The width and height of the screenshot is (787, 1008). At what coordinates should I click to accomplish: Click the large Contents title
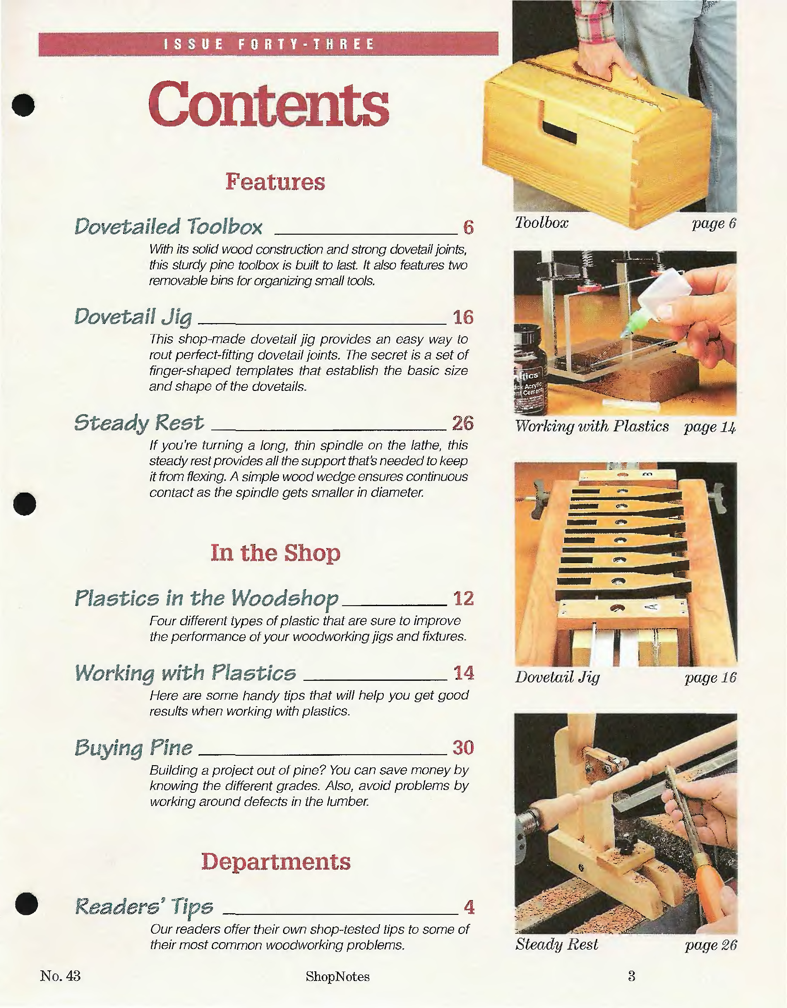click(269, 104)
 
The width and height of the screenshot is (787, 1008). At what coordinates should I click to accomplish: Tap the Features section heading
click(275, 181)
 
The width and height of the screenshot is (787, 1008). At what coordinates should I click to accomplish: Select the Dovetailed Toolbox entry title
click(169, 226)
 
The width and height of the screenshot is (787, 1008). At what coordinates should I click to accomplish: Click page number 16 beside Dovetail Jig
click(463, 317)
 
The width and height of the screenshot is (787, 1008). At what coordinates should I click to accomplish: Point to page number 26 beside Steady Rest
click(463, 423)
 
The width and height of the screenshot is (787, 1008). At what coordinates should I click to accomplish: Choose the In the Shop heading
click(275, 552)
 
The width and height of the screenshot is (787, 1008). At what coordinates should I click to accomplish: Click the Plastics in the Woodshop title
click(207, 599)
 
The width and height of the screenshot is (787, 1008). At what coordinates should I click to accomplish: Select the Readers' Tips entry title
click(144, 906)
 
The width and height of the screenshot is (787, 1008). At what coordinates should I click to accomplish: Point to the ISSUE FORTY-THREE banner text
click(269, 44)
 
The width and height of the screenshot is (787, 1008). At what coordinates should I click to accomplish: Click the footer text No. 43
click(61, 976)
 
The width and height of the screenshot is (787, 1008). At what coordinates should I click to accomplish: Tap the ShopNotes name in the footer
click(337, 976)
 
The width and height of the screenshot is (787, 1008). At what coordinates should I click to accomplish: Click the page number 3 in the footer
click(631, 976)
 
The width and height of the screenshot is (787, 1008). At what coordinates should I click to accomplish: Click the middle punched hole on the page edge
click(24, 504)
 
